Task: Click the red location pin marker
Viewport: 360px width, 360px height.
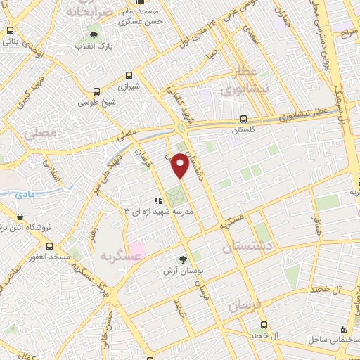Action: tap(181, 165)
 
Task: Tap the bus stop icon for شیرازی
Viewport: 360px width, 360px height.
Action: tap(129, 75)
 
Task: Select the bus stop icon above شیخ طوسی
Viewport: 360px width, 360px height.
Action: tap(96, 91)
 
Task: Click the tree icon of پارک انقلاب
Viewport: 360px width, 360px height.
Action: tap(94, 35)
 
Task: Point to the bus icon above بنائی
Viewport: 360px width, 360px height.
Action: tap(9, 31)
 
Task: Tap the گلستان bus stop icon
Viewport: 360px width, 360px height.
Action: tap(243, 119)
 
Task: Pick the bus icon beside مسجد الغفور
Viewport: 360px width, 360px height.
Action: tap(50, 246)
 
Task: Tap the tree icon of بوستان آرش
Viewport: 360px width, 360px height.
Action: tap(184, 259)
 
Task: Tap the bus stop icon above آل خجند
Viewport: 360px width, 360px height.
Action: tap(264, 325)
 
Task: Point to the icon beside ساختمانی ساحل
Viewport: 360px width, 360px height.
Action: tap(344, 329)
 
